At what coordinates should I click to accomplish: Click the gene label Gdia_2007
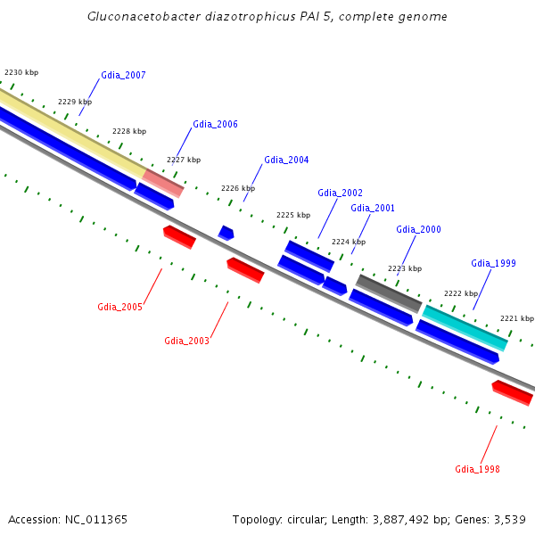(123, 76)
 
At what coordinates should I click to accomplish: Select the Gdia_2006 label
(215, 125)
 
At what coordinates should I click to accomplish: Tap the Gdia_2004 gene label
(286, 160)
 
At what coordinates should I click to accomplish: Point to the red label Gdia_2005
(120, 308)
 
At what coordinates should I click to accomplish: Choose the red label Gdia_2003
(186, 341)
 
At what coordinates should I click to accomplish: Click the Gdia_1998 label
(477, 469)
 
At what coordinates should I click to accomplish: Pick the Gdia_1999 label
(493, 263)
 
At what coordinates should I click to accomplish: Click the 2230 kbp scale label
(21, 72)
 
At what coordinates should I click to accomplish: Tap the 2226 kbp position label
(238, 189)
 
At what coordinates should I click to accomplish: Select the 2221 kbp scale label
(517, 318)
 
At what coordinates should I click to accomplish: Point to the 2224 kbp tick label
(349, 242)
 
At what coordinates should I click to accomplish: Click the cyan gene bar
(465, 327)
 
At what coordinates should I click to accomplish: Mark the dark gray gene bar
(389, 293)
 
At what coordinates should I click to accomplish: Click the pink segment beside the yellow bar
(164, 183)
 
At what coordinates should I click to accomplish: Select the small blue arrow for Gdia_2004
(226, 233)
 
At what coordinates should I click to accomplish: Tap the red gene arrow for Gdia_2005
(179, 237)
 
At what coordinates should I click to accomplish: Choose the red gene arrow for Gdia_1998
(513, 392)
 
